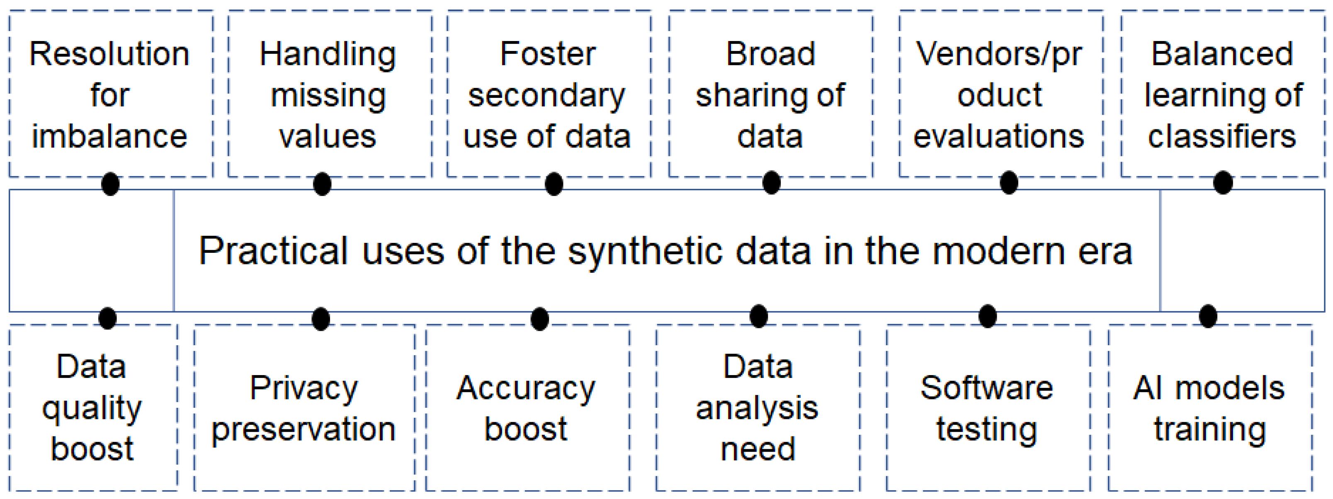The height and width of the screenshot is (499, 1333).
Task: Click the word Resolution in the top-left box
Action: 109,54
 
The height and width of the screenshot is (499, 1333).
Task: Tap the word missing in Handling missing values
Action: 328,96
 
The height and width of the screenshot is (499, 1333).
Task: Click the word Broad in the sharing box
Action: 770,54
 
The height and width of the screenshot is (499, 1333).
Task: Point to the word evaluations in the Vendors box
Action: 998,137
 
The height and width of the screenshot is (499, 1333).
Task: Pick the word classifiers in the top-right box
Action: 1222,137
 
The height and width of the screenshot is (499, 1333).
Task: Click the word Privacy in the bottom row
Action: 304,388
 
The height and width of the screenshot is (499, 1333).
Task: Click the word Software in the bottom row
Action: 986,388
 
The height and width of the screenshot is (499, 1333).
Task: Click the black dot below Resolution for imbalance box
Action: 110,184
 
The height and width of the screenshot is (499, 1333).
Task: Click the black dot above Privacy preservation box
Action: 321,319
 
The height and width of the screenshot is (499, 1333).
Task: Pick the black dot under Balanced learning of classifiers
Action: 1223,182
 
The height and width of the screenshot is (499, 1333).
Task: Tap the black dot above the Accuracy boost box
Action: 540,319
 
